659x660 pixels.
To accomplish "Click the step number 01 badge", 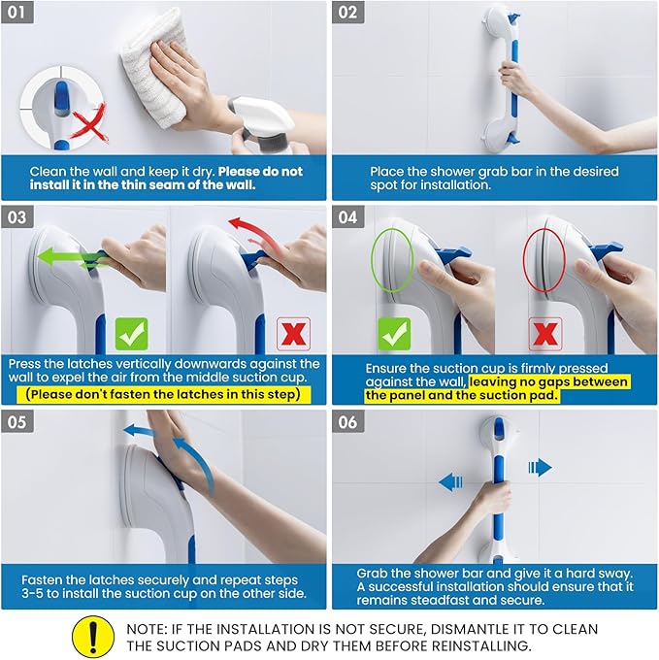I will point(18,14).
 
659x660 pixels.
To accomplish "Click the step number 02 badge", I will point(348,14).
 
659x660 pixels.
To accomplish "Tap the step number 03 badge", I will point(18,218).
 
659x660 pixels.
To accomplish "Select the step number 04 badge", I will point(348,218).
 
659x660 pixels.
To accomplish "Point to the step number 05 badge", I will point(18,423).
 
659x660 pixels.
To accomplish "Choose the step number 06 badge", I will point(348,423).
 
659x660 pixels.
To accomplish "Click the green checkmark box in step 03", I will point(131,333).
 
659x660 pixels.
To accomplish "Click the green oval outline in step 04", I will point(393,260).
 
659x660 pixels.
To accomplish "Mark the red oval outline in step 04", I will point(544,260).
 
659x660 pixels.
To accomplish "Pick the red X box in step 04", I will point(544,334).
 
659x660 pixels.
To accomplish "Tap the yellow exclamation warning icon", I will point(92,637).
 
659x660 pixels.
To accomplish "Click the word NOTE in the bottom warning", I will point(148,628).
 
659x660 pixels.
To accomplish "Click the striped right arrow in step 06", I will point(540,467).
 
